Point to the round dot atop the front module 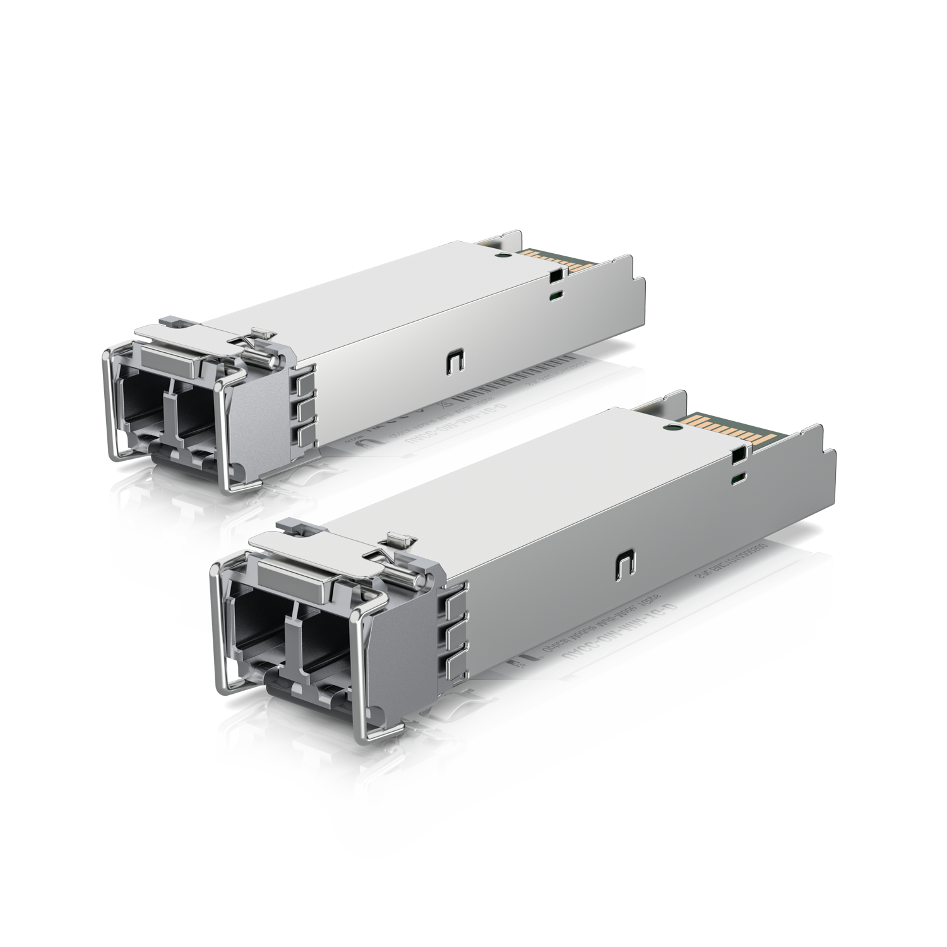tap(671, 428)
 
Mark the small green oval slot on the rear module tap(555, 294)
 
